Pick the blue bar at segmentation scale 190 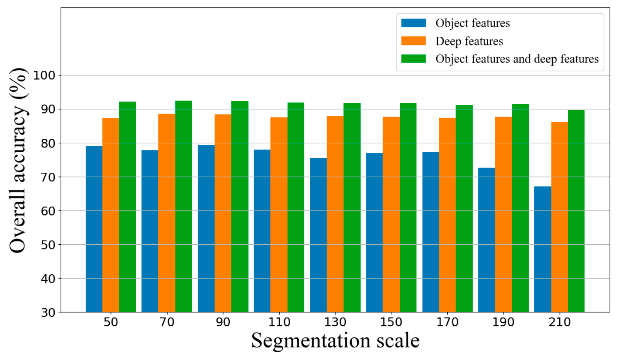point(486,240)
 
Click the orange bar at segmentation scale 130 point(335,214)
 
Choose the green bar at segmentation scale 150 point(408,207)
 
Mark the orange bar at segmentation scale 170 point(447,215)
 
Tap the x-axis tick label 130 point(335,322)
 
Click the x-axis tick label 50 point(111,322)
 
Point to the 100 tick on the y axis point(45,75)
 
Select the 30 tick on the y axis point(48,312)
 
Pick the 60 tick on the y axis point(48,211)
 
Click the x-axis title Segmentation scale point(335,341)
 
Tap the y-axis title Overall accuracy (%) point(18,160)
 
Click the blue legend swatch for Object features point(413,23)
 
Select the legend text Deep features point(469,41)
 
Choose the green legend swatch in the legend point(413,59)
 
